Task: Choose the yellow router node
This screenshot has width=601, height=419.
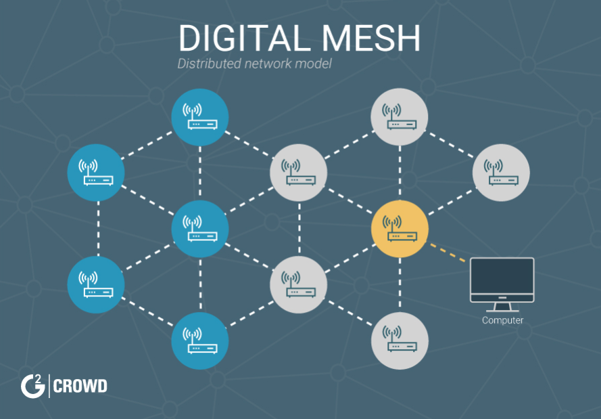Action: pyautogui.click(x=400, y=229)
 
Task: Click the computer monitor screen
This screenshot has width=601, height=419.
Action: pyautogui.click(x=502, y=277)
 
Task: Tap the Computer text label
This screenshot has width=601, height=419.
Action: pyautogui.click(x=502, y=320)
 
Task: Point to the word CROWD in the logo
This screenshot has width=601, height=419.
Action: pyautogui.click(x=80, y=387)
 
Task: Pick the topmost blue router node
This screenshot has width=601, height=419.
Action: pyautogui.click(x=200, y=117)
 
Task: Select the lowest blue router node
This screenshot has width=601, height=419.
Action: pyautogui.click(x=200, y=340)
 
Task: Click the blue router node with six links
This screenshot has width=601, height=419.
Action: pyautogui.click(x=200, y=229)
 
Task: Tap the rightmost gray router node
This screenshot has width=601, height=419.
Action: pyautogui.click(x=501, y=173)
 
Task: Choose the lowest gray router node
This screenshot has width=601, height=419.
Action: pyautogui.click(x=400, y=340)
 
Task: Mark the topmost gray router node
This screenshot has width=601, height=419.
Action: pyautogui.click(x=400, y=117)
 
